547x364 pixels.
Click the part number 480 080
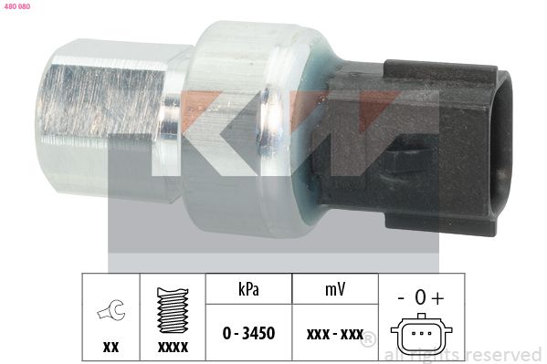(18, 6)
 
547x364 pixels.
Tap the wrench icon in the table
(111, 312)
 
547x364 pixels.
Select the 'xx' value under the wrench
(111, 347)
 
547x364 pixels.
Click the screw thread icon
(174, 311)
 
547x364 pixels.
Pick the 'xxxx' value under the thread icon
(174, 347)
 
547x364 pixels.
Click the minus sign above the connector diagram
(401, 297)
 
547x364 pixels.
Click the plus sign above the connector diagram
(438, 297)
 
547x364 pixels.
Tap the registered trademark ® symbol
(369, 340)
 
